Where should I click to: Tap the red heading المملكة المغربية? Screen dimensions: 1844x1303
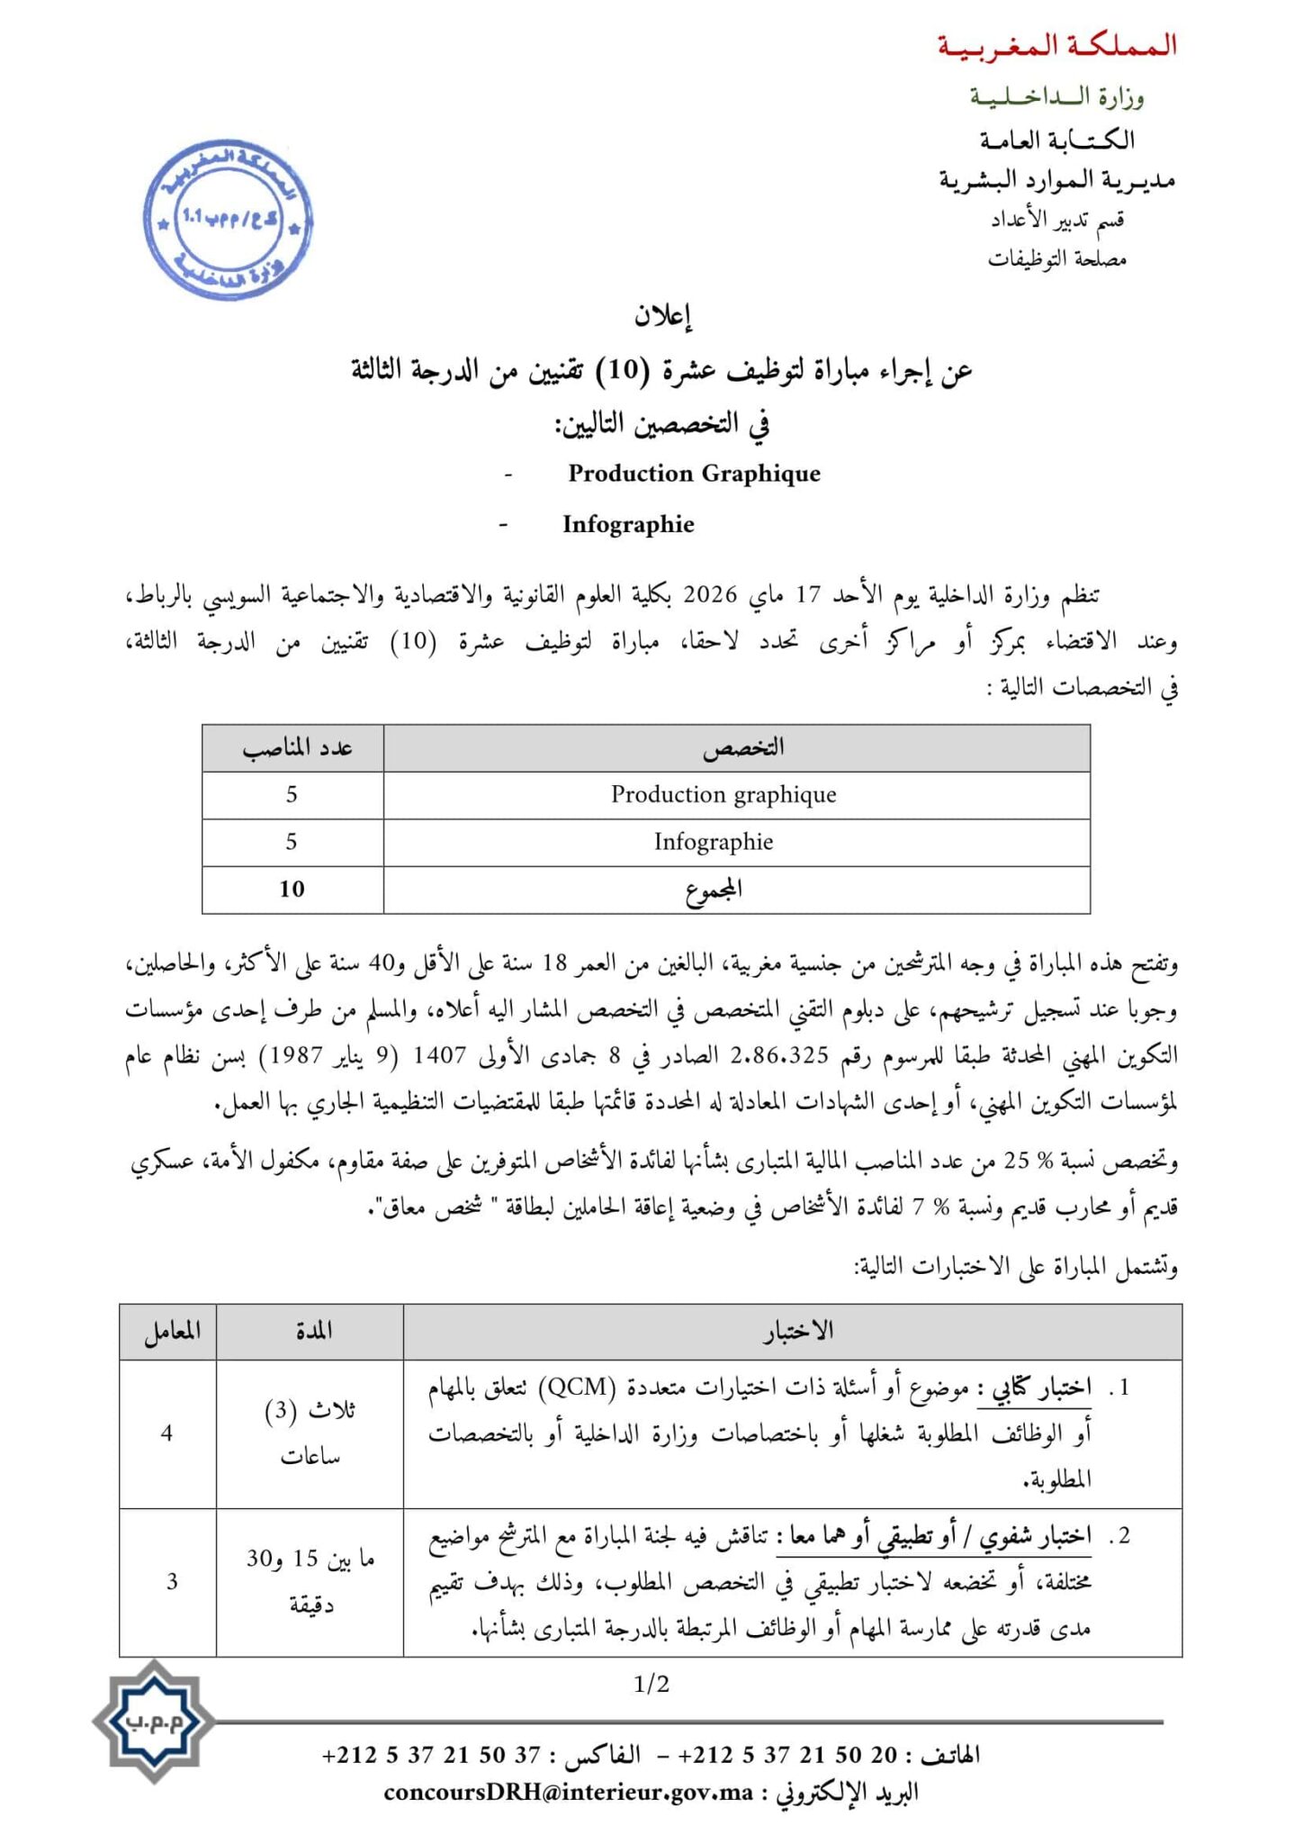[1056, 46]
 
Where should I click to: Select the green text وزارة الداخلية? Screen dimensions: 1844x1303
[1056, 95]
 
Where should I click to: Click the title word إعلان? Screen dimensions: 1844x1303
[662, 316]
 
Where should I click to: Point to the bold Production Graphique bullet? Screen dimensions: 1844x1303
[694, 474]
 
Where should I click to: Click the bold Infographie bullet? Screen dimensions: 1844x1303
[628, 524]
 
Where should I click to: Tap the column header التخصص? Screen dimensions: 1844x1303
[742, 747]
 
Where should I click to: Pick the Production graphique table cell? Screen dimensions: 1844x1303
[723, 794]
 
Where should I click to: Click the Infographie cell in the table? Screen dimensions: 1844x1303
[714, 842]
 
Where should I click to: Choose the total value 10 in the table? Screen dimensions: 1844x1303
[292, 889]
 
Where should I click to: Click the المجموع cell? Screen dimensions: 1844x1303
[714, 890]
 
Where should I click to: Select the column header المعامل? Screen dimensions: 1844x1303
[172, 1330]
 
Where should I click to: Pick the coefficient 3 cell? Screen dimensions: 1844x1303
[172, 1581]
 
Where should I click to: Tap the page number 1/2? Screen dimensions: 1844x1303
[651, 1684]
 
